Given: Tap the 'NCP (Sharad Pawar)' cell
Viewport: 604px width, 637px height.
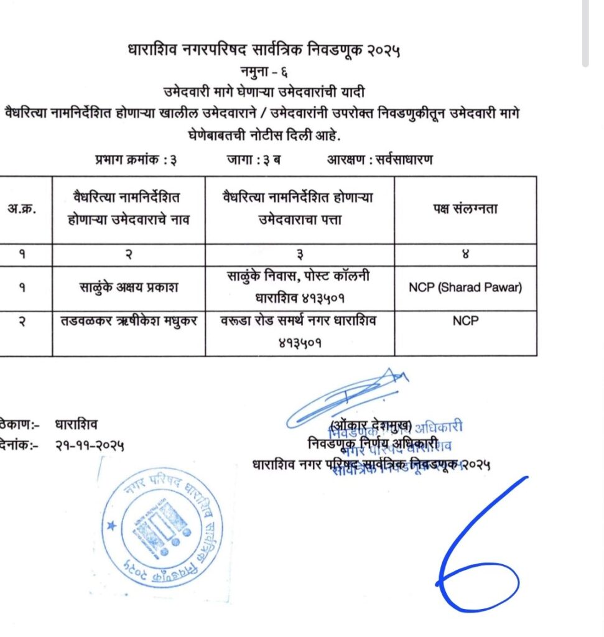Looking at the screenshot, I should coord(465,287).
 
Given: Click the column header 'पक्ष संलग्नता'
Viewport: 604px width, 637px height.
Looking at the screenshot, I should coord(465,209).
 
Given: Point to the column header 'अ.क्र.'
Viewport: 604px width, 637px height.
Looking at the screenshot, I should coord(21,209).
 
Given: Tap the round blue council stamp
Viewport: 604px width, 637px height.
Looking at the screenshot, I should coord(164,529).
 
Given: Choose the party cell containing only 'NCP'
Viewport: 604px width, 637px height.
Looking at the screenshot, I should coord(465,322).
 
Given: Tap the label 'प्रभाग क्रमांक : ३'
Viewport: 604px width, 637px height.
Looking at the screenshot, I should coord(136,160).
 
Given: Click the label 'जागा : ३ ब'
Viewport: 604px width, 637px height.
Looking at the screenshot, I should coord(253,160).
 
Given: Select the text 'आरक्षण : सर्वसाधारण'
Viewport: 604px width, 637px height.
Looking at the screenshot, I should coord(380,160).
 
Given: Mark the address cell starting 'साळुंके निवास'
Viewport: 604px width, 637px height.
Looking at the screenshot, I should coord(300,287).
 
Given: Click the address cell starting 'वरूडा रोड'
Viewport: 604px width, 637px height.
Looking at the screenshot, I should coord(300,330).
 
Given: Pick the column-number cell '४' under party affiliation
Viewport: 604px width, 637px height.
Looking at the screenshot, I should coord(465,254).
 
